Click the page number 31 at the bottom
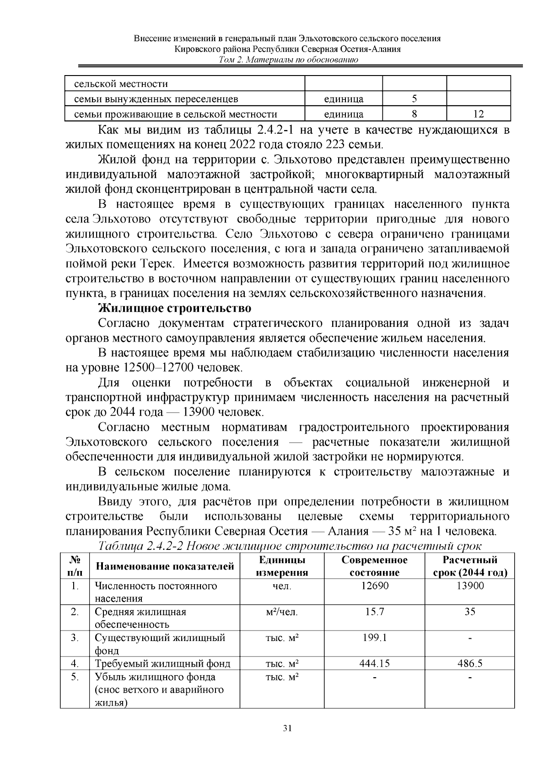[x=288, y=728]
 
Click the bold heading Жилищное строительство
[x=175, y=308]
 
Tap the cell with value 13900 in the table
[x=470, y=586]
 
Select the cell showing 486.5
[x=470, y=663]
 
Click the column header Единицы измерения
[x=282, y=566]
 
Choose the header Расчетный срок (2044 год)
[x=470, y=566]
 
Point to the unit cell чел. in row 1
[x=282, y=586]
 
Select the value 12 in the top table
[x=479, y=114]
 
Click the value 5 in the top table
[x=414, y=99]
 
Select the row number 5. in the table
[x=75, y=677]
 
